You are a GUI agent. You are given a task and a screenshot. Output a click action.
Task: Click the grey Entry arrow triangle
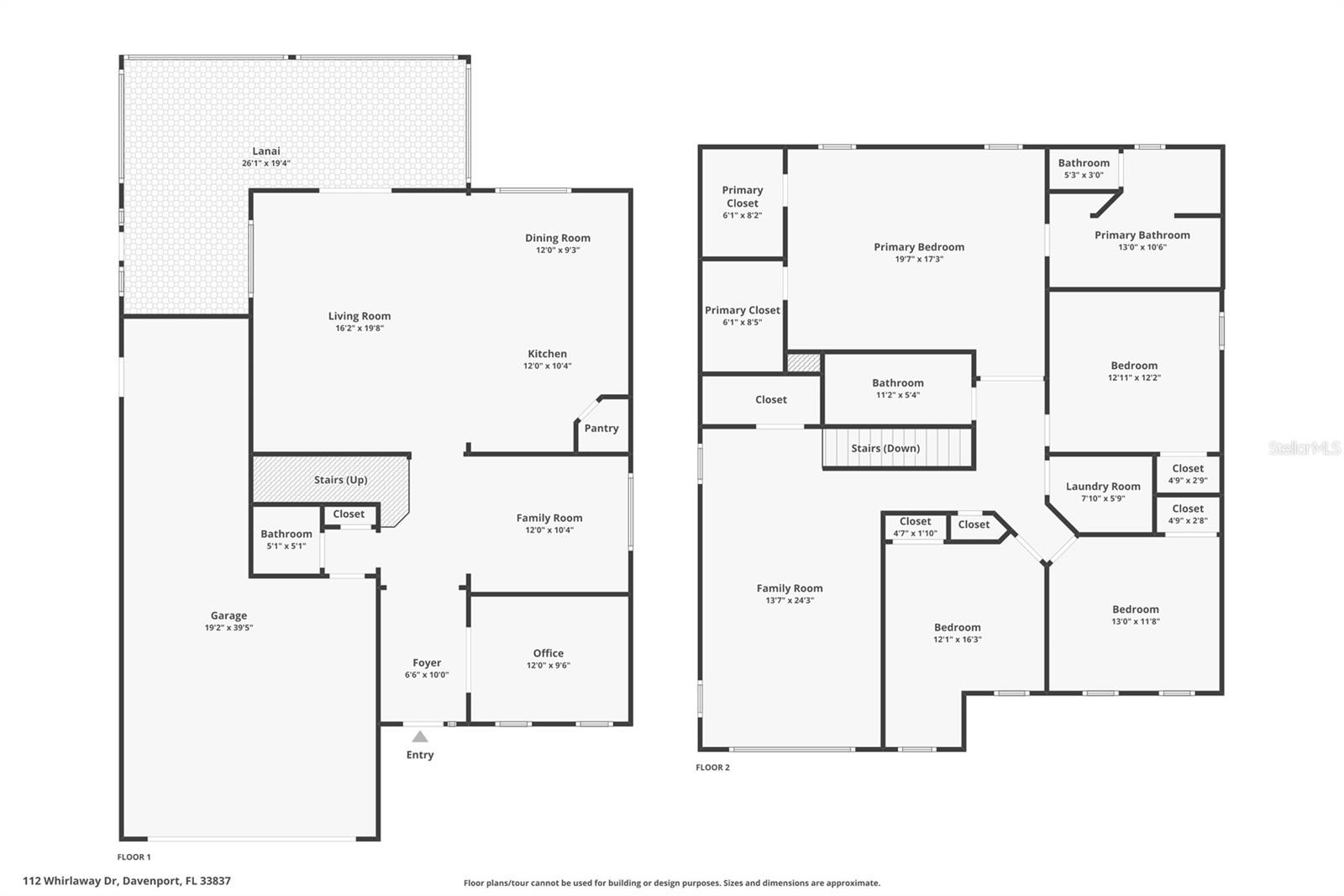420,736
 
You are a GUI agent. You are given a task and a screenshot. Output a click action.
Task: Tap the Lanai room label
265,151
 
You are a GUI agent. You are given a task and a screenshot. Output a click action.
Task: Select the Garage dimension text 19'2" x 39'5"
228,628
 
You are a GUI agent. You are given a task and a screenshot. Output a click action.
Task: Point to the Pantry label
601,428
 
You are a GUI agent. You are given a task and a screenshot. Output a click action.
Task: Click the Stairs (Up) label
341,480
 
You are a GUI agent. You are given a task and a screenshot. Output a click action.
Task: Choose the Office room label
549,653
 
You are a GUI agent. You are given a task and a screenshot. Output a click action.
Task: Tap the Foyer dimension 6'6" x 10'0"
427,675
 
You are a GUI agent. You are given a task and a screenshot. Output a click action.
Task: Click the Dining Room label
558,238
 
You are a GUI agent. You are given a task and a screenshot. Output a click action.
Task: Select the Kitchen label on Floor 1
547,354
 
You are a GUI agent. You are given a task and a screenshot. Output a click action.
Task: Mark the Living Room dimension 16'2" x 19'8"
360,328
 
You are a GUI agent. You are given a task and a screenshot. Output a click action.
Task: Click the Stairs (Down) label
885,449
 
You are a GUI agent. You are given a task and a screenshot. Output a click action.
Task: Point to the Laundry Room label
1103,487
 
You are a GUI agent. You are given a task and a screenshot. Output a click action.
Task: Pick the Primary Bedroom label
919,247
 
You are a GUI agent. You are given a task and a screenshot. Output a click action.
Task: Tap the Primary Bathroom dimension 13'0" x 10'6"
1142,247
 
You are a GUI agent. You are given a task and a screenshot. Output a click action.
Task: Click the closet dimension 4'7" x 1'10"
915,533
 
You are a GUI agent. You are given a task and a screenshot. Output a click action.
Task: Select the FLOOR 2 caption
713,767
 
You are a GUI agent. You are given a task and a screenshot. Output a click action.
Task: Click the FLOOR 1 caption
134,857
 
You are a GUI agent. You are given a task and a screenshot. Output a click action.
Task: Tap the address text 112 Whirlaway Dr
71,881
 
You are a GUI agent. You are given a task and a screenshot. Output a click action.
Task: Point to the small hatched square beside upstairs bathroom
803,363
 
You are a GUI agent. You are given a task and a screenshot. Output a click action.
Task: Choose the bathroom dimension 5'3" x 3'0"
1084,176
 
